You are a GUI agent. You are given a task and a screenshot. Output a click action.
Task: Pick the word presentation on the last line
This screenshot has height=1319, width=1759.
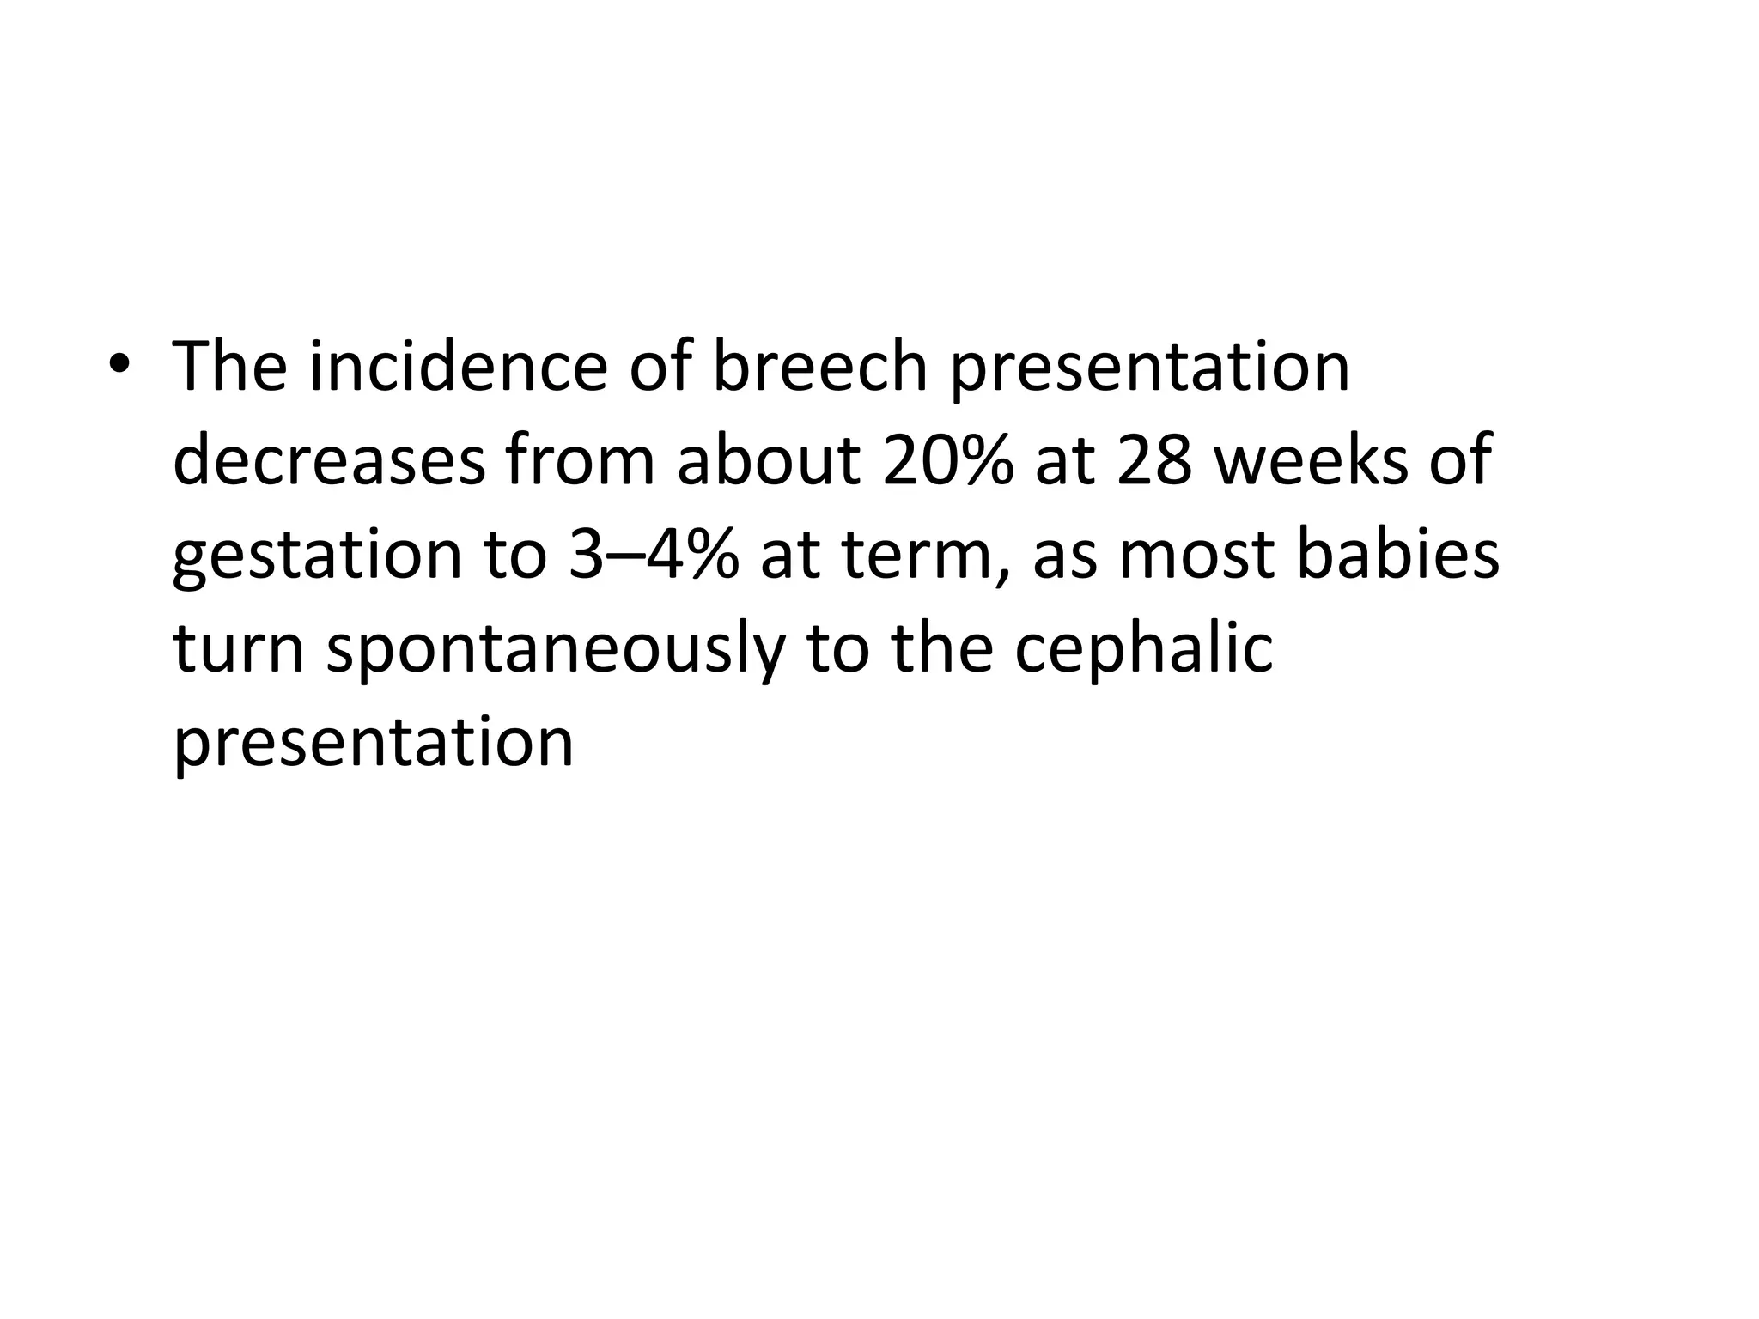click(x=374, y=743)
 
